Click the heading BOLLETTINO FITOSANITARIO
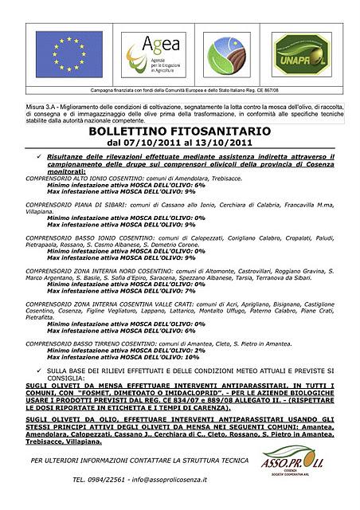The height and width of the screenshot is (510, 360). (x=179, y=130)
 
